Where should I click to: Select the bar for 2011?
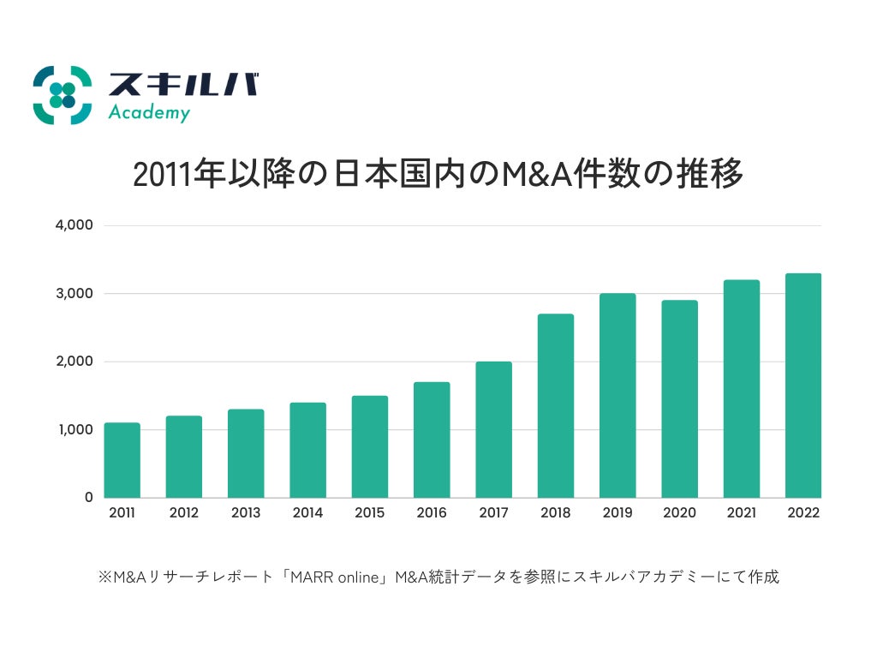[122, 460]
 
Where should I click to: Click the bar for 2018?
[556, 405]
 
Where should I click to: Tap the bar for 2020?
[679, 398]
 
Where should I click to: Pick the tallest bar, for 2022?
[803, 386]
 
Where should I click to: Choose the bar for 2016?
[432, 440]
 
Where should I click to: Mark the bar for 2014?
[307, 450]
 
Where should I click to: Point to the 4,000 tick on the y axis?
[75, 225]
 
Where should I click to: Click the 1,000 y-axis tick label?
[75, 429]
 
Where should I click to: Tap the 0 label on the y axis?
[88, 497]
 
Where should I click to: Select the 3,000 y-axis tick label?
[75, 294]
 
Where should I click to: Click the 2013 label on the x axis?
[246, 513]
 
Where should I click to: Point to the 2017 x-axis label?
[493, 513]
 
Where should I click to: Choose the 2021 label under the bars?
[741, 513]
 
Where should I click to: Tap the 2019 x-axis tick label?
[617, 513]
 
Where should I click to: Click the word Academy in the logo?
[149, 113]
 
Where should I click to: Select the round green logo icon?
[62, 95]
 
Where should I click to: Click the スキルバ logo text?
[182, 85]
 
